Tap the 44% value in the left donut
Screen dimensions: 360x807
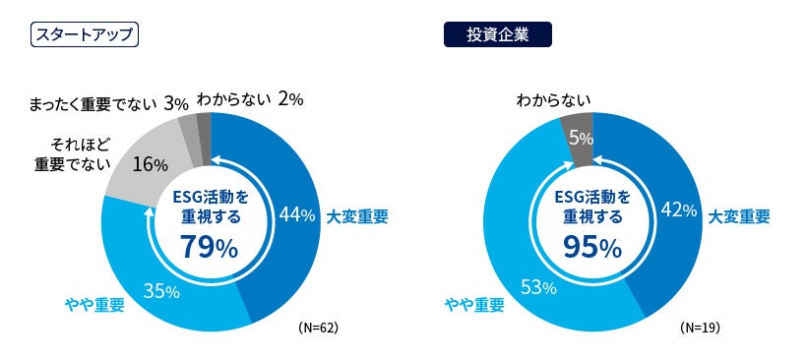coord(297,213)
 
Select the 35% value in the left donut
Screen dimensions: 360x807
coord(160,291)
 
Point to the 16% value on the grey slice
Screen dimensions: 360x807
coord(150,164)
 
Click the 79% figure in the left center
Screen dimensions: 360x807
coord(209,247)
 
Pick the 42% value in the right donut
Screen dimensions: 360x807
coord(679,210)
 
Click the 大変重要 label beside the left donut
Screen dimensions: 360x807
coord(357,215)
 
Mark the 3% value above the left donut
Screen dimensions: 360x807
coord(177,101)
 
